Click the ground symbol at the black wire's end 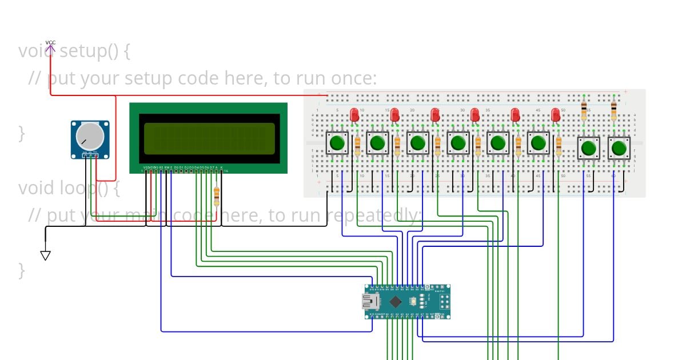coord(46,255)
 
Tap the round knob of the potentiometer coord(90,136)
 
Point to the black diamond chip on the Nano coord(395,301)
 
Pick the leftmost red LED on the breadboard coord(354,114)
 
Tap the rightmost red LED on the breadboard coord(555,114)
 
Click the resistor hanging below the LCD coord(216,197)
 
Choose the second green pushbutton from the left coord(377,143)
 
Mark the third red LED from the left coord(435,114)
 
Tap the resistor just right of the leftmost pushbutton coord(357,145)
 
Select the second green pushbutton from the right coord(588,149)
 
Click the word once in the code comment coord(355,78)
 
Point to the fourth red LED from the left coord(474,114)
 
